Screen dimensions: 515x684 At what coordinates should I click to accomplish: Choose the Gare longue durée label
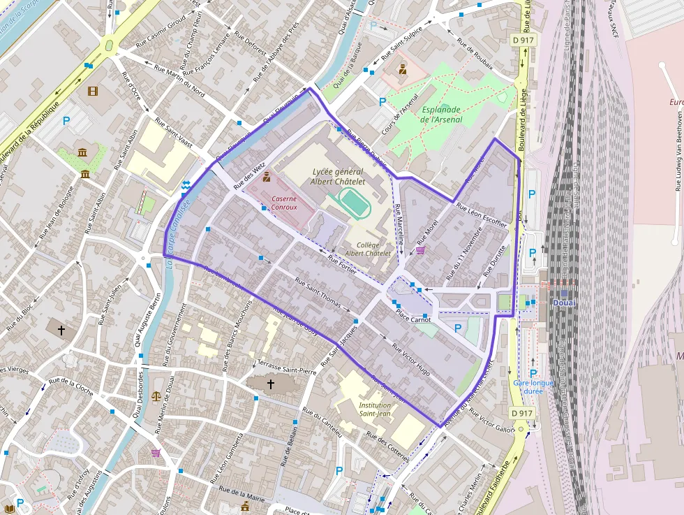pyautogui.click(x=533, y=386)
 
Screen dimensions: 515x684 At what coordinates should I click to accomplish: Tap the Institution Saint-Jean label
pyautogui.click(x=375, y=409)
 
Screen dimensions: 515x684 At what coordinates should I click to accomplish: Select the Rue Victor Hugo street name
pyautogui.click(x=410, y=359)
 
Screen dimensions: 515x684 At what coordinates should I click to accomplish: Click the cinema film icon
pyautogui.click(x=93, y=90)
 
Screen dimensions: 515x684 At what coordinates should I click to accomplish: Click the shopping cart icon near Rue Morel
pyautogui.click(x=420, y=250)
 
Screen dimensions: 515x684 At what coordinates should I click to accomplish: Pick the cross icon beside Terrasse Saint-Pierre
pyautogui.click(x=271, y=384)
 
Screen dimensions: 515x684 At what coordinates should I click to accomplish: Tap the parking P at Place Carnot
pyautogui.click(x=458, y=328)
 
